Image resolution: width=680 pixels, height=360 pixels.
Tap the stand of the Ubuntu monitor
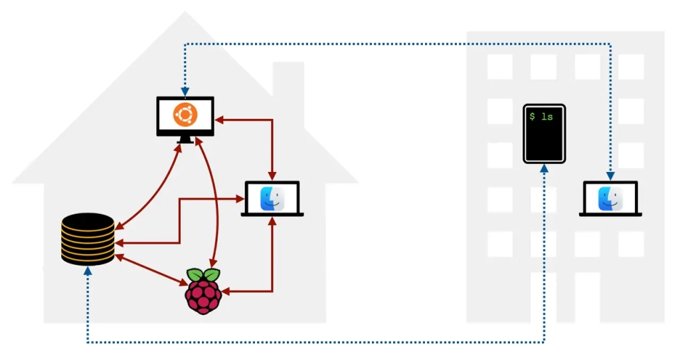point(185,139)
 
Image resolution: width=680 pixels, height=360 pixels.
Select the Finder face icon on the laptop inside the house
point(272,198)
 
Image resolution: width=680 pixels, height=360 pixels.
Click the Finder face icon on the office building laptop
point(610,198)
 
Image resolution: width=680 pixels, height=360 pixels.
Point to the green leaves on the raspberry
point(203,275)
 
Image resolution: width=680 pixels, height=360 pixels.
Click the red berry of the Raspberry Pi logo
point(203,296)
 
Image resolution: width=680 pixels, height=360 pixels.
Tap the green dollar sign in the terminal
point(533,117)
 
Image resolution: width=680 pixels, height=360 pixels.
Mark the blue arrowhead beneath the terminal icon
point(545,170)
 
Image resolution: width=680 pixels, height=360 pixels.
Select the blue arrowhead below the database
point(87,272)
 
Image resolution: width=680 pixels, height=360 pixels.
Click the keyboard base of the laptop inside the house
point(272,214)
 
